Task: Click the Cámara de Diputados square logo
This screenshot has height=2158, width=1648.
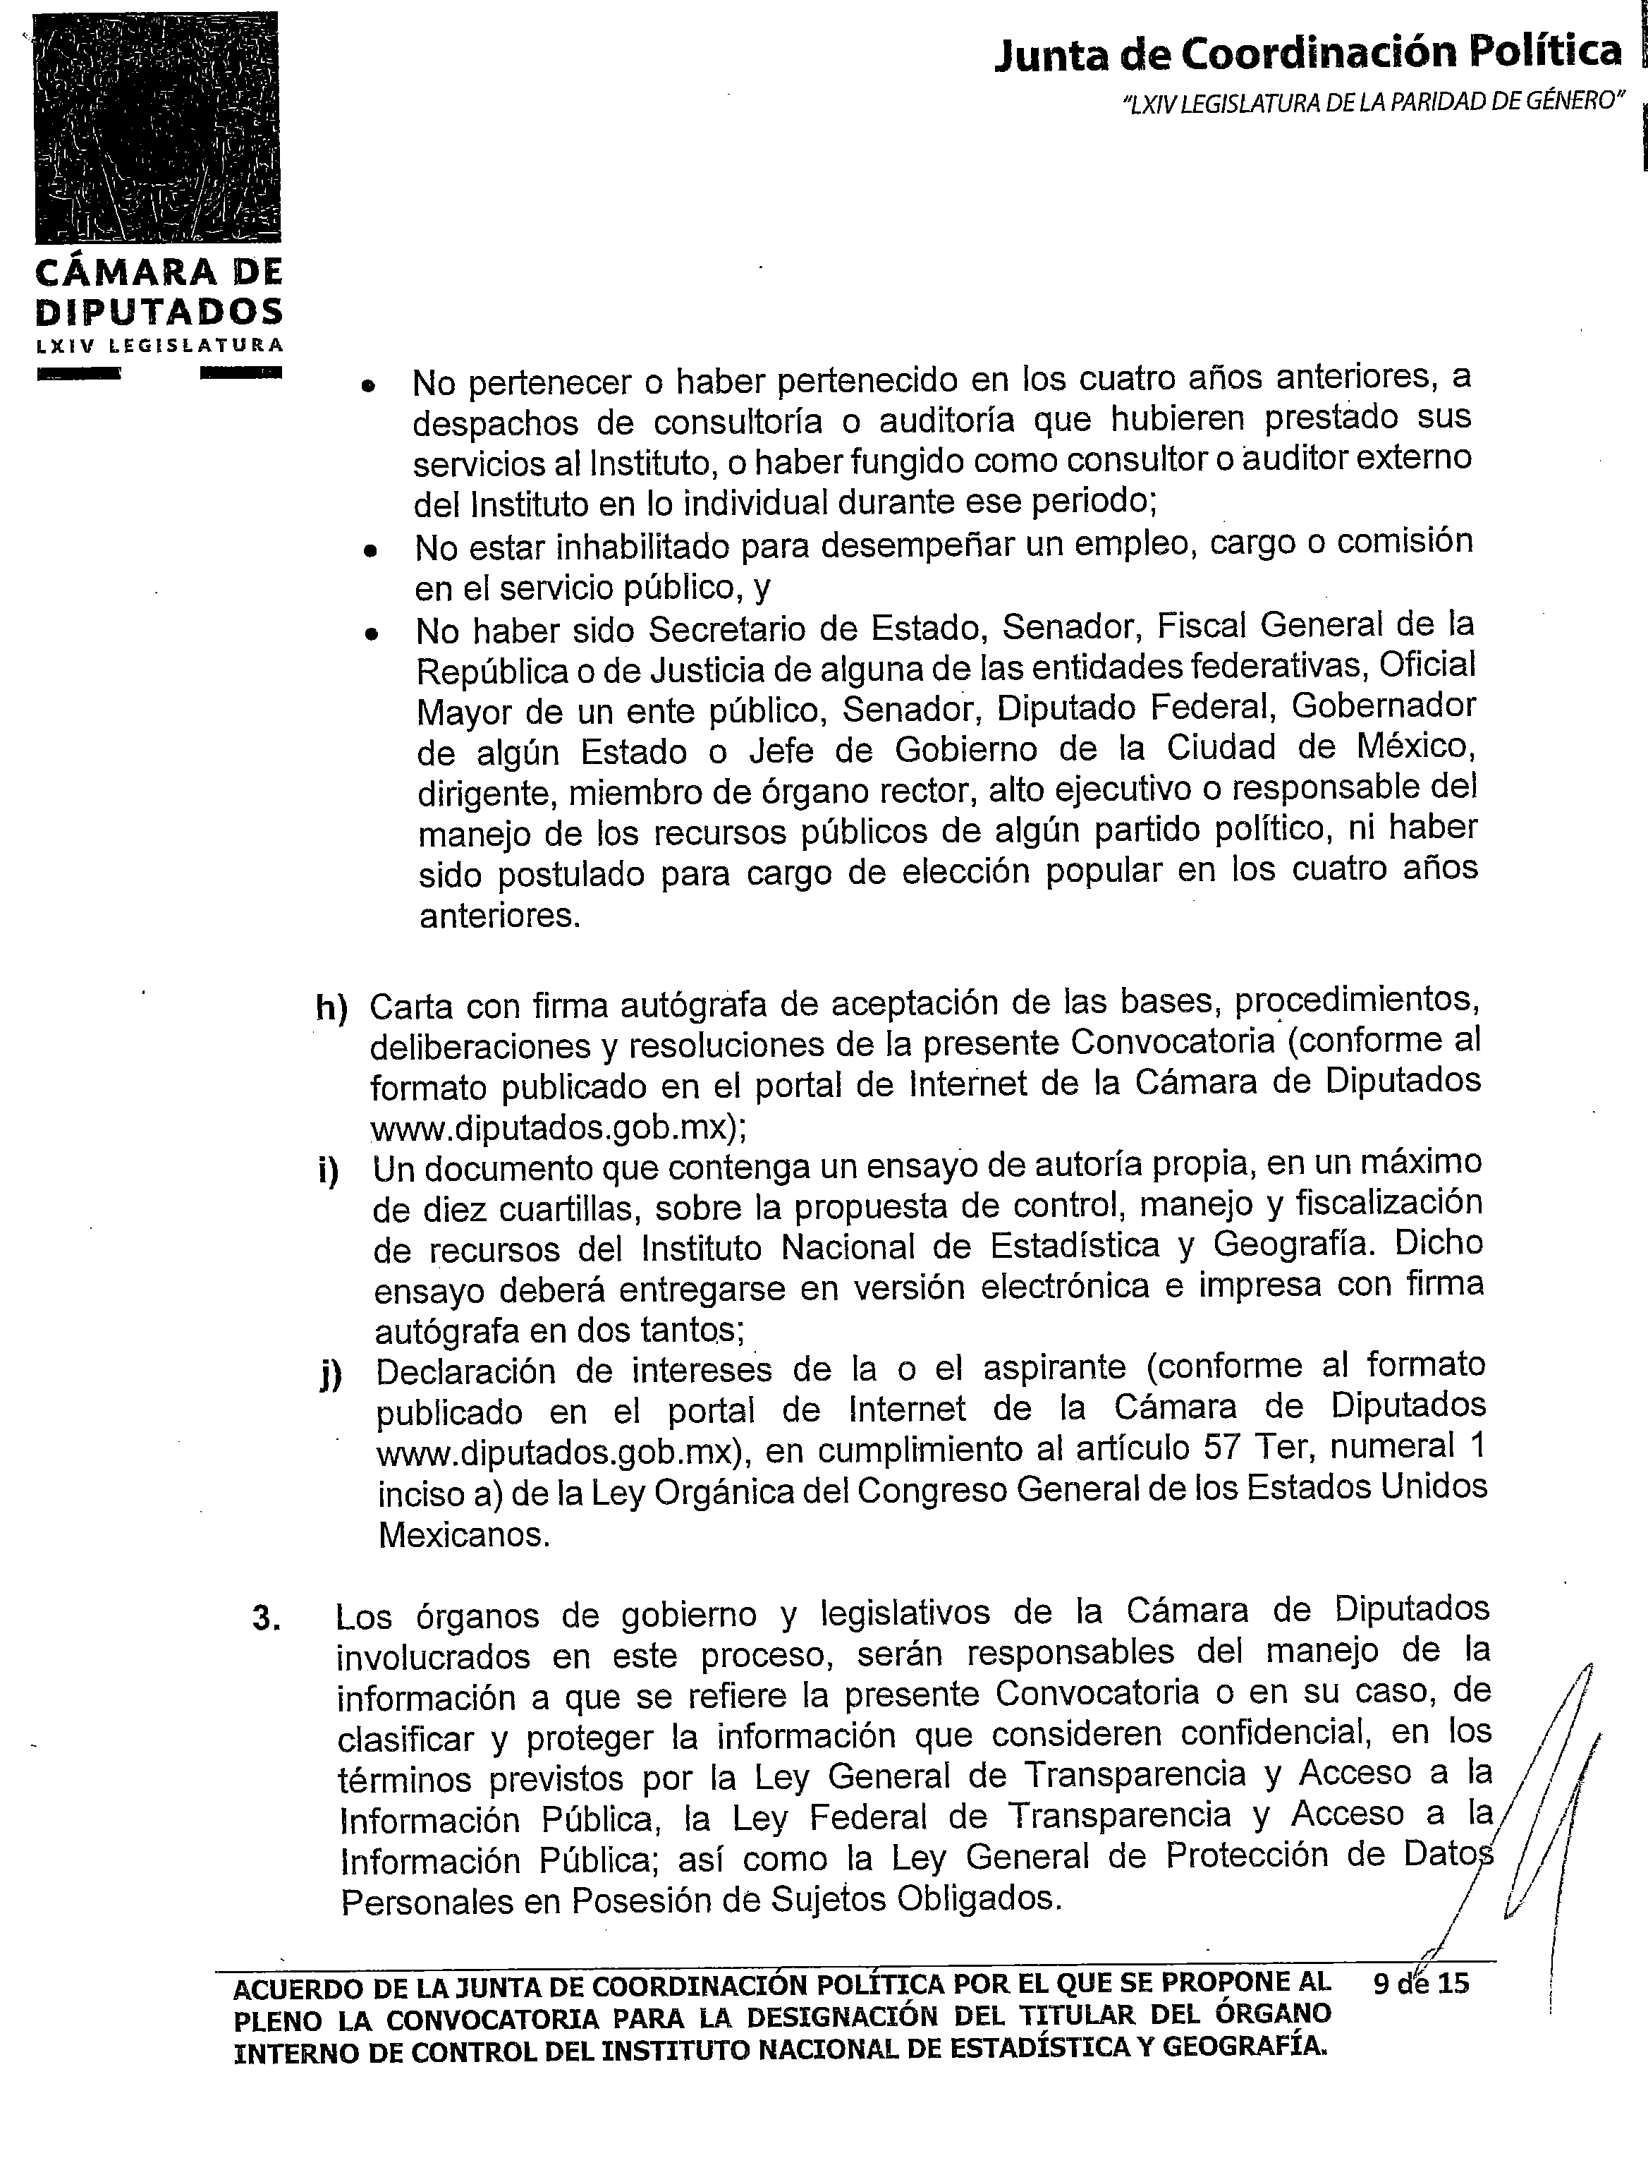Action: coord(157,128)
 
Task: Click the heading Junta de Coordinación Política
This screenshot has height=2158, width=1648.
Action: coord(1307,52)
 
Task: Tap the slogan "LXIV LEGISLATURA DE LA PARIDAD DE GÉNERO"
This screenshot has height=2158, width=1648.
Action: coord(1372,103)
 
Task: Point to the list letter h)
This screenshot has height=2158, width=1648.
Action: coord(331,1009)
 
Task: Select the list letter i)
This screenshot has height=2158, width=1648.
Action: coord(329,1172)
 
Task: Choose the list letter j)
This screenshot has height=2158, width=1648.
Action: coord(331,1376)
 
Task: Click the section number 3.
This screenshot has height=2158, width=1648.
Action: coord(266,1618)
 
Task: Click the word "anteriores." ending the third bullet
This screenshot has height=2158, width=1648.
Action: coord(499,916)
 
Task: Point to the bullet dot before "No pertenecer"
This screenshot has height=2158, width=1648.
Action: coord(369,387)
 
